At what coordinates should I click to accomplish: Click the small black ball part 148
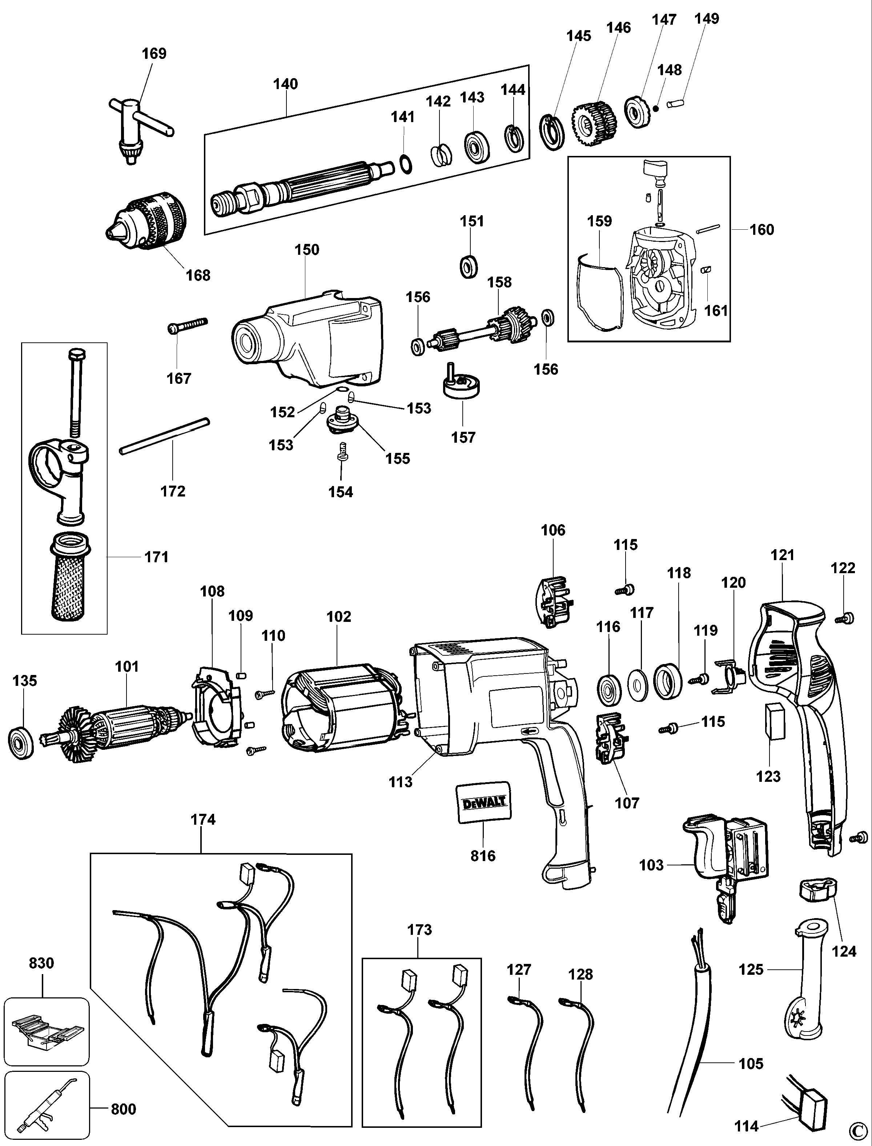point(656,108)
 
